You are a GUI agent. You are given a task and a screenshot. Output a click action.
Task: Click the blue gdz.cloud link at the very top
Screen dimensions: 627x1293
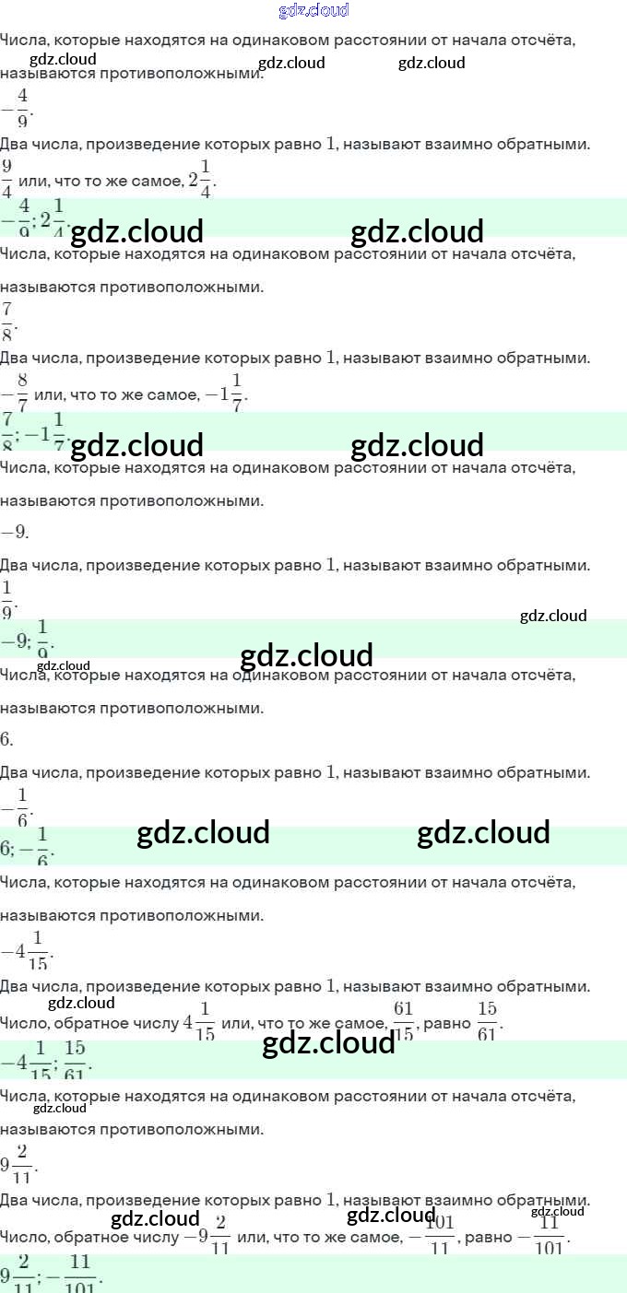[x=313, y=10]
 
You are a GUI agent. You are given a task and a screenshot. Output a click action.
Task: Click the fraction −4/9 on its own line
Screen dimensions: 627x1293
[x=16, y=108]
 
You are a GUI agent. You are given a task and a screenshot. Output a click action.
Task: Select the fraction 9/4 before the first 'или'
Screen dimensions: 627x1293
[x=6, y=179]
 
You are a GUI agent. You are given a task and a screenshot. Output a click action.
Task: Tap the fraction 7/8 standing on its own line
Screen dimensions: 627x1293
[x=7, y=321]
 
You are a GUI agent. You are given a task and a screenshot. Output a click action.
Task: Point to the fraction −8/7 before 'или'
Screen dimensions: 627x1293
[x=16, y=394]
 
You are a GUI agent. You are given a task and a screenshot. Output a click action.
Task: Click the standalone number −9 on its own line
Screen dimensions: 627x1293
[x=14, y=532]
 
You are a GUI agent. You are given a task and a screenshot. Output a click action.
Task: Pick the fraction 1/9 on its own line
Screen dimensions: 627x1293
[x=7, y=599]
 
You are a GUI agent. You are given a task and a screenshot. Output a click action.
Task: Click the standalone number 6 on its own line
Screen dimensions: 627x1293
[x=6, y=739]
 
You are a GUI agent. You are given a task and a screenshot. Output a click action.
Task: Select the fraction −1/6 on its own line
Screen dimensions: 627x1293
[x=17, y=806]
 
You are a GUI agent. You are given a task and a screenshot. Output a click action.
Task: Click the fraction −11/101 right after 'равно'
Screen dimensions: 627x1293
[x=542, y=1236]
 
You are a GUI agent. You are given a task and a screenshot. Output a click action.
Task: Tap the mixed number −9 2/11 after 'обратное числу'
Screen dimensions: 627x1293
[x=207, y=1236]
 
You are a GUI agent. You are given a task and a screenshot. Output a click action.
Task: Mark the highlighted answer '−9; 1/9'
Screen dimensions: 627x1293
[x=28, y=638]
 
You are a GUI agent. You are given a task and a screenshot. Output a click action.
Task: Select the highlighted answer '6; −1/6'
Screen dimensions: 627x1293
[x=28, y=846]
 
